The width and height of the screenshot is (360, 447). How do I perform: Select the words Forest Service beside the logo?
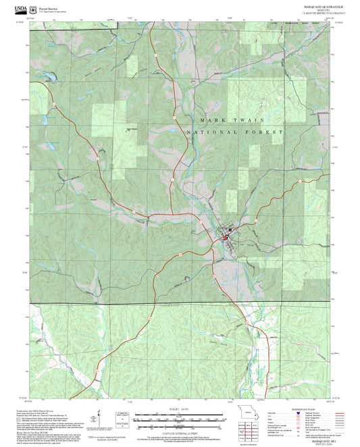pyautogui.click(x=49, y=7)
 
